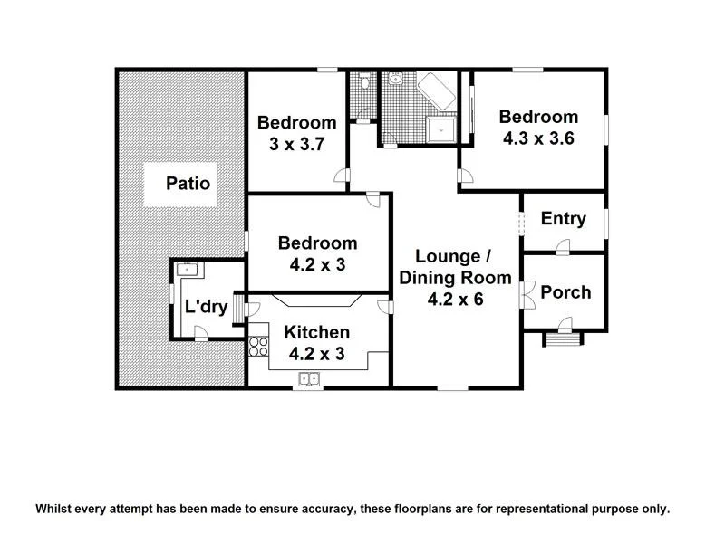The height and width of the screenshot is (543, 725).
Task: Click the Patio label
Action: tap(188, 184)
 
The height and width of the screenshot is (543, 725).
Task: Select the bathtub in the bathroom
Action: tap(435, 90)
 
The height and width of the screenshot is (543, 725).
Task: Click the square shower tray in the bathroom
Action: tap(440, 130)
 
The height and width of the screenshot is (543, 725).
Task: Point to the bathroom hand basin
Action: tap(395, 80)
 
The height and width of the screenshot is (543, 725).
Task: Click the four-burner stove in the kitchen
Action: tap(258, 345)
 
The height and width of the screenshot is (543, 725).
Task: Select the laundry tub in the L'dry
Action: tap(188, 269)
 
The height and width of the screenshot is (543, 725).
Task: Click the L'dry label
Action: tap(206, 307)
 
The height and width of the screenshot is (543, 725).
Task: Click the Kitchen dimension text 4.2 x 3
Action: tap(316, 355)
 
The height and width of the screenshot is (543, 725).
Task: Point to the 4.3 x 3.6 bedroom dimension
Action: tap(538, 138)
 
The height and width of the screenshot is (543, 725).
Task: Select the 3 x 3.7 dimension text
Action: tap(296, 145)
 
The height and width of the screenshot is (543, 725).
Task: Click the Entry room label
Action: tap(563, 219)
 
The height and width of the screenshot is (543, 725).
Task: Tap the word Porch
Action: tap(565, 292)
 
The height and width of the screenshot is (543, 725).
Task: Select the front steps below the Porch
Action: tap(562, 339)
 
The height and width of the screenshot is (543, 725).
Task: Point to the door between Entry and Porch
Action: tap(563, 246)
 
